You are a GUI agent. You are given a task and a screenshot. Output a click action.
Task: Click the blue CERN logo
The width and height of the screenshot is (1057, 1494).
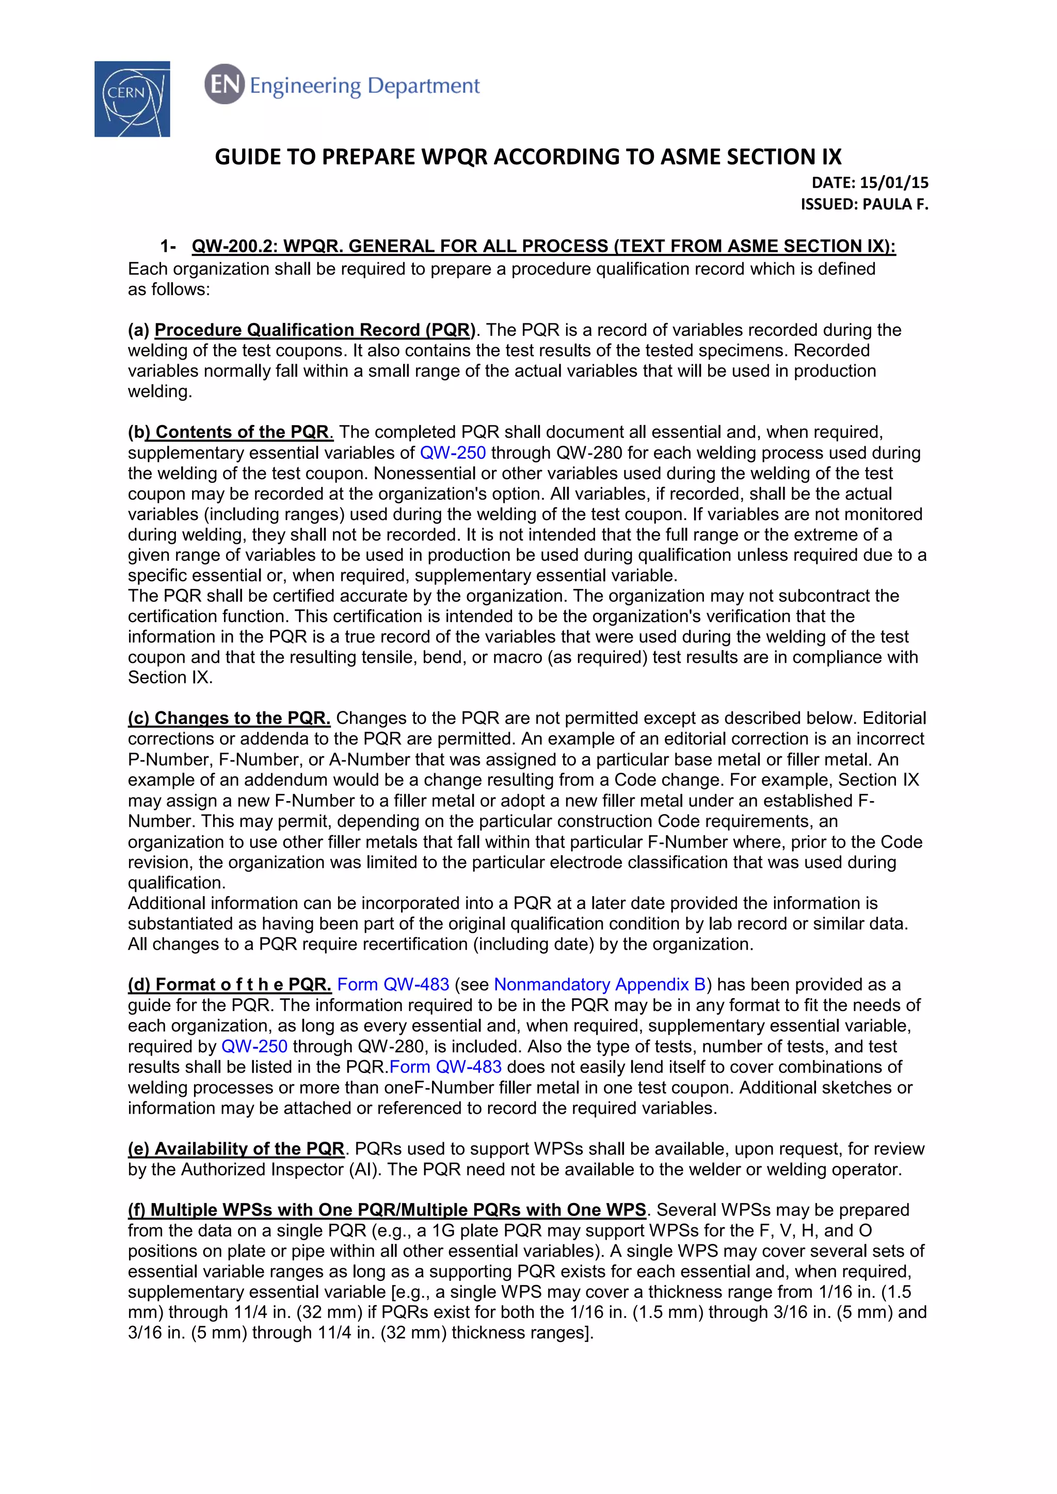click(x=132, y=99)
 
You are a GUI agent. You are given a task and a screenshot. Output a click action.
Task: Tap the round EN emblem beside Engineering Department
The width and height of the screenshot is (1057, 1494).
click(x=224, y=85)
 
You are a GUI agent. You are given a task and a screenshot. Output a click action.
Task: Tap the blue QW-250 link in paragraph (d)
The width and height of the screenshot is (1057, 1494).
click(x=254, y=1046)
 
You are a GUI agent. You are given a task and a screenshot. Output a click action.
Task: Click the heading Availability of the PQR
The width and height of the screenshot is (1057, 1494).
click(x=249, y=1148)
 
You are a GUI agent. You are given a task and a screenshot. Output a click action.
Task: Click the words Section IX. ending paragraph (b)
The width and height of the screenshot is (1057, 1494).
click(x=170, y=677)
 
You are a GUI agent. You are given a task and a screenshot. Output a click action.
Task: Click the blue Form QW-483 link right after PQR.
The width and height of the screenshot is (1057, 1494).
click(x=445, y=1067)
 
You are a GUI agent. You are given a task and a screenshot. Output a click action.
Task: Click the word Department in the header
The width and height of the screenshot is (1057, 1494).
click(x=423, y=86)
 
